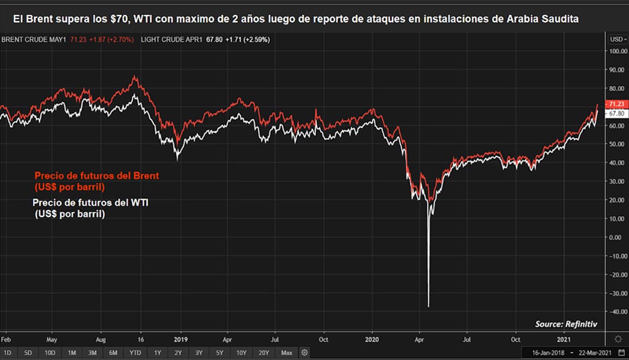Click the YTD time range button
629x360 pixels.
click(136, 353)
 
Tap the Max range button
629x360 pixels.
click(286, 353)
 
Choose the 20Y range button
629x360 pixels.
click(264, 353)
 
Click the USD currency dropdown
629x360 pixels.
click(618, 40)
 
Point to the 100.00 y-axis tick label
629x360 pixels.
click(618, 51)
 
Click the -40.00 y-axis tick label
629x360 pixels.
click(618, 312)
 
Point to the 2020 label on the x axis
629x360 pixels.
click(373, 340)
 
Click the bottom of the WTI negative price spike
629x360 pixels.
click(428, 306)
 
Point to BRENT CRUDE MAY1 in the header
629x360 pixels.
click(34, 40)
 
